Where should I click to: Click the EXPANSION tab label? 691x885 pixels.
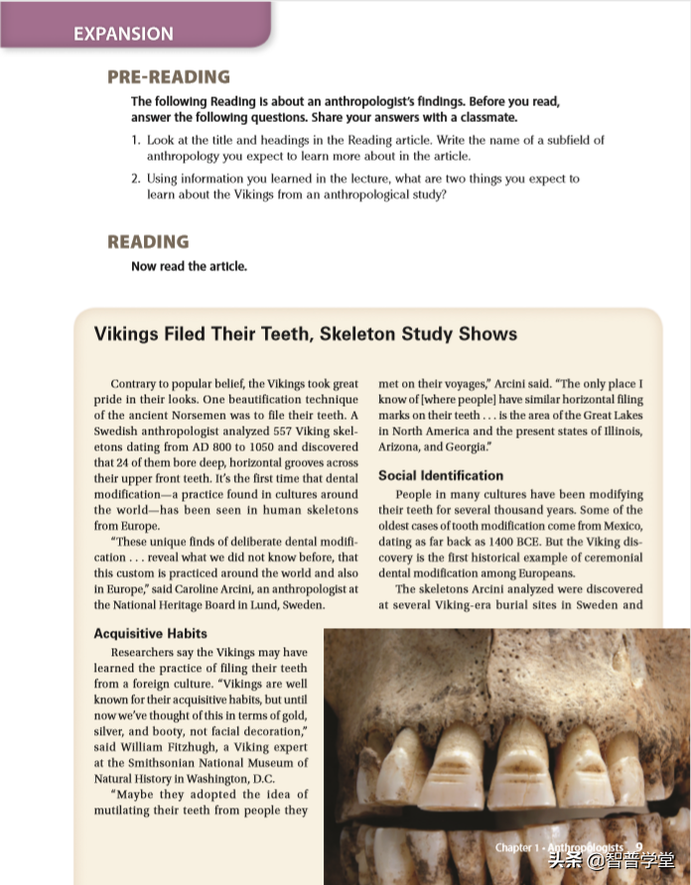[123, 34]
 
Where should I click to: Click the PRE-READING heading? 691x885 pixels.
[168, 77]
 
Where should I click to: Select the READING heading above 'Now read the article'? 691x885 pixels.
[147, 242]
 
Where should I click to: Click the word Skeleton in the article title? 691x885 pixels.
[357, 333]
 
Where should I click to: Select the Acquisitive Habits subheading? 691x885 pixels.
[150, 633]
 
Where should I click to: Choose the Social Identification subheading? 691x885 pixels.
[441, 476]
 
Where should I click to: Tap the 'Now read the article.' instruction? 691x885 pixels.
[189, 266]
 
